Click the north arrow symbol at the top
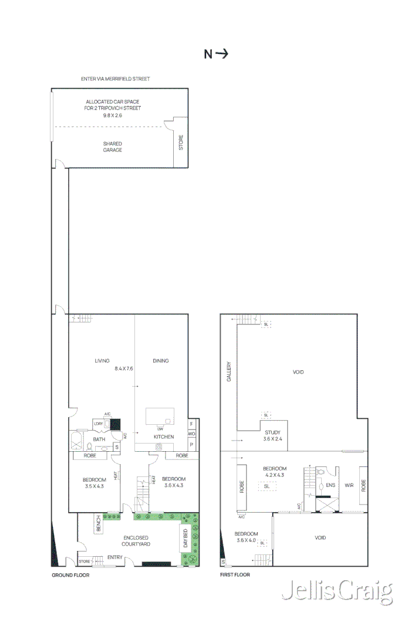pyautogui.click(x=216, y=54)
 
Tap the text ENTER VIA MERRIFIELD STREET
pyautogui.click(x=116, y=79)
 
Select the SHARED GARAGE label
pyautogui.click(x=113, y=147)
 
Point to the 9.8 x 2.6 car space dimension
pyautogui.click(x=113, y=116)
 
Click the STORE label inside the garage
pyautogui.click(x=181, y=143)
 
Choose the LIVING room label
pyautogui.click(x=102, y=361)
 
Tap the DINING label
pyautogui.click(x=161, y=361)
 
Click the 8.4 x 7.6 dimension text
pyautogui.click(x=124, y=368)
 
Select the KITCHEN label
pyautogui.click(x=164, y=437)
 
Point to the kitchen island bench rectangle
pyautogui.click(x=160, y=416)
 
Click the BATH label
pyautogui.click(x=99, y=439)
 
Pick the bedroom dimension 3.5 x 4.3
pyautogui.click(x=94, y=486)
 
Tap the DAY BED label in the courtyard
pyautogui.click(x=186, y=539)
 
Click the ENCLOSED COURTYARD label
pyautogui.click(x=136, y=541)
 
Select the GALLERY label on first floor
pyautogui.click(x=229, y=371)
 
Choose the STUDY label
pyautogui.click(x=272, y=432)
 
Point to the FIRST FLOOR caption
pyautogui.click(x=235, y=575)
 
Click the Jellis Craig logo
pyautogui.click(x=336, y=593)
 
